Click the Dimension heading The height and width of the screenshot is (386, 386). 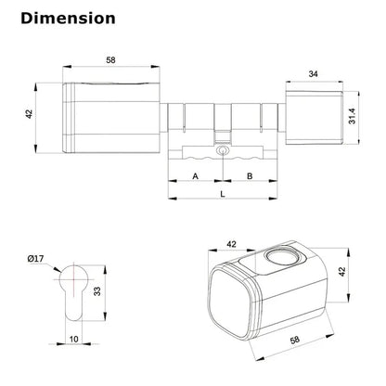tap(68, 19)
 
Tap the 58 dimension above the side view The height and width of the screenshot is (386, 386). tap(110, 60)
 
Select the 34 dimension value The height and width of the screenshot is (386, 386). tap(314, 74)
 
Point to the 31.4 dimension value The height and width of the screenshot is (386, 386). tap(353, 117)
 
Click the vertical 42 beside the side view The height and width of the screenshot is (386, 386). tap(29, 114)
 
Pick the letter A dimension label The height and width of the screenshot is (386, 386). tap(195, 176)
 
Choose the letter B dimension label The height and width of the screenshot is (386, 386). tap(250, 176)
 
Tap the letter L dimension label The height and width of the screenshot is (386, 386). tap(223, 194)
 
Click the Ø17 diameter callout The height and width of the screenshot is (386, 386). tap(36, 258)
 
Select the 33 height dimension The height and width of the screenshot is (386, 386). tap(97, 291)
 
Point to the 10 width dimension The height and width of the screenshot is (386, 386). tap(73, 340)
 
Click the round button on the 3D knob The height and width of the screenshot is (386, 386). tap(281, 256)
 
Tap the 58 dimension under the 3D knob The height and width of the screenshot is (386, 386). tap(295, 340)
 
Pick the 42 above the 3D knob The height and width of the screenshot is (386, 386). tap(231, 244)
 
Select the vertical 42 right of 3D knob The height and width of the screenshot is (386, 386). tap(341, 272)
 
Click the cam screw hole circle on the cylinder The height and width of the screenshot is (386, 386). tap(223, 151)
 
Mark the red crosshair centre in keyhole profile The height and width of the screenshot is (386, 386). tap(74, 278)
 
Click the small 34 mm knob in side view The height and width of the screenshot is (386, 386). tap(315, 118)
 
